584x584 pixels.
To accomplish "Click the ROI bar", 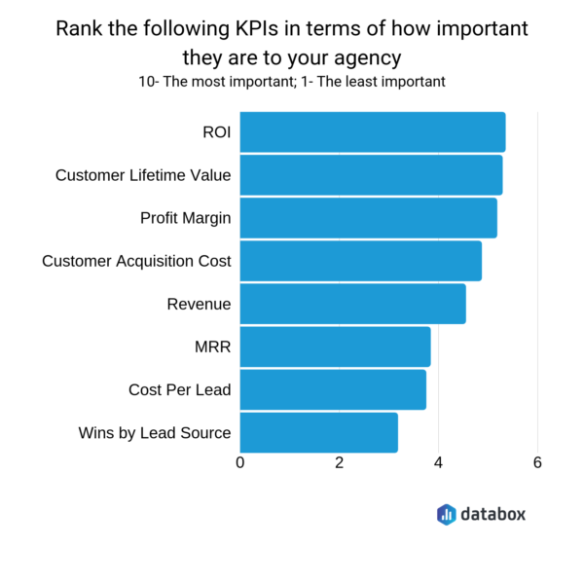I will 372,132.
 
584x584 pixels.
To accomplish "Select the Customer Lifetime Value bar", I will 371,175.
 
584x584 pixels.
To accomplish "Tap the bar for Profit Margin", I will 368,218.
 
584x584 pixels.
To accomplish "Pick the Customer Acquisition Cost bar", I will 360,261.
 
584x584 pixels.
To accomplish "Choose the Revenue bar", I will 352,304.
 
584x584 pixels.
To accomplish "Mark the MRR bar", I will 335,347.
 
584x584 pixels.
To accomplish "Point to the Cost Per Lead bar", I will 333,389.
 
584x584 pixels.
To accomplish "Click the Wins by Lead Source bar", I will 318,432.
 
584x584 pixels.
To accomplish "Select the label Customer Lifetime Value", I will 143,175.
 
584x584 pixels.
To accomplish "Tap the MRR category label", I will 212,347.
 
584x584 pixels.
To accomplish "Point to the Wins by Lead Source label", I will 155,432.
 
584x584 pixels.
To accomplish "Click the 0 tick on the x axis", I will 240,463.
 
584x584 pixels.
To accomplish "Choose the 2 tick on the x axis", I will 340,463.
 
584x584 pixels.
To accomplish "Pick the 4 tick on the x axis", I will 439,463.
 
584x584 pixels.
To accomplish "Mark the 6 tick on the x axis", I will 537,463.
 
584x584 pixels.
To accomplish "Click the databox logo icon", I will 446,514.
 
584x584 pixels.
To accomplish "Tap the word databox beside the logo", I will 493,514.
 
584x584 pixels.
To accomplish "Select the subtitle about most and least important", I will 292,82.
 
